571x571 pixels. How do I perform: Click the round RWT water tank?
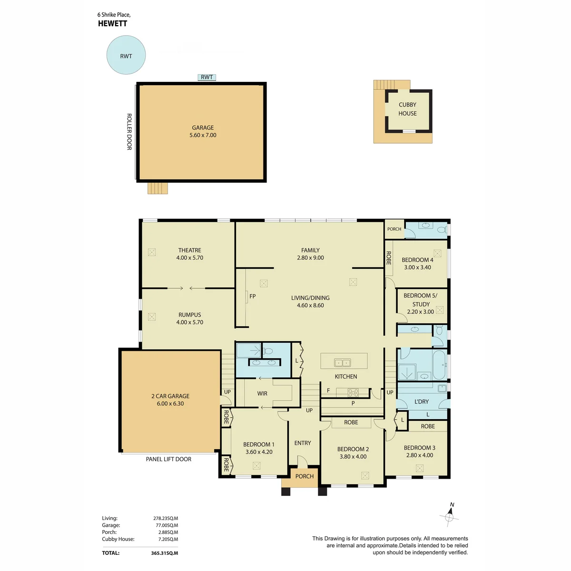126,55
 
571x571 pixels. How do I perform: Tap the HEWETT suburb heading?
113,24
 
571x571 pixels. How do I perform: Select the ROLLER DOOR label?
129,131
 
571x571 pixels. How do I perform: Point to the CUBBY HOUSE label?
407,109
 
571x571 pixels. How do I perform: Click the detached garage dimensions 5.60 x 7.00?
203,135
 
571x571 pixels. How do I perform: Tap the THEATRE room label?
190,250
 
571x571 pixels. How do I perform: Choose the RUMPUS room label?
190,315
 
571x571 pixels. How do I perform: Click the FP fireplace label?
253,296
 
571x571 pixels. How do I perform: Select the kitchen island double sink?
343,363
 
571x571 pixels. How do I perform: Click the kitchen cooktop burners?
353,393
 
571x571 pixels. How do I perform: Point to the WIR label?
262,393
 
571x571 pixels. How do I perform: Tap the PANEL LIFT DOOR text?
168,459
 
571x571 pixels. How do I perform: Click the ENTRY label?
303,443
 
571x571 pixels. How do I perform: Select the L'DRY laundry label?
422,402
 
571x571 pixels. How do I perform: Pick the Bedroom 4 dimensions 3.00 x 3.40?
417,267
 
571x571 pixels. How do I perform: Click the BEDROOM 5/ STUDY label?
421,300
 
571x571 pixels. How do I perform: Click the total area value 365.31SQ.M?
165,553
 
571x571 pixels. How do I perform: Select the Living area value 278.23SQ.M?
166,518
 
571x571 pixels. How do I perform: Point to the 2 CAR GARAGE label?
170,396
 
